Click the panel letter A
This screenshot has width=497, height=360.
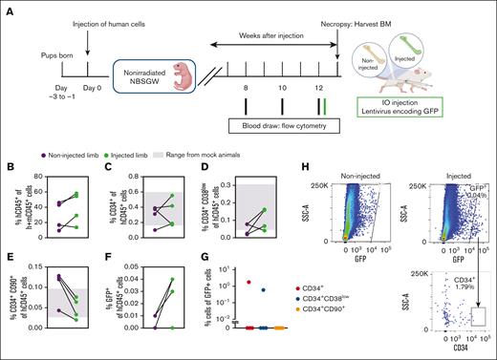pos(11,9)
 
